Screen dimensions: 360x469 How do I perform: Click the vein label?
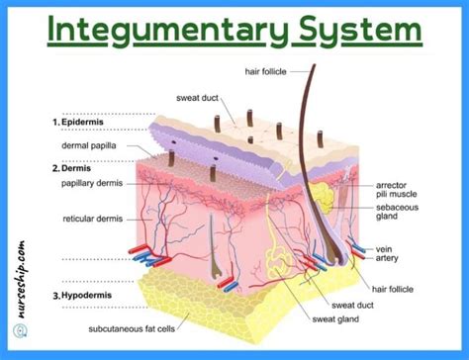(386, 249)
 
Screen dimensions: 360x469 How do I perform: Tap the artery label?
(389, 259)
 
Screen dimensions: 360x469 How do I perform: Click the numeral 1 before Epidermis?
(57, 124)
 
